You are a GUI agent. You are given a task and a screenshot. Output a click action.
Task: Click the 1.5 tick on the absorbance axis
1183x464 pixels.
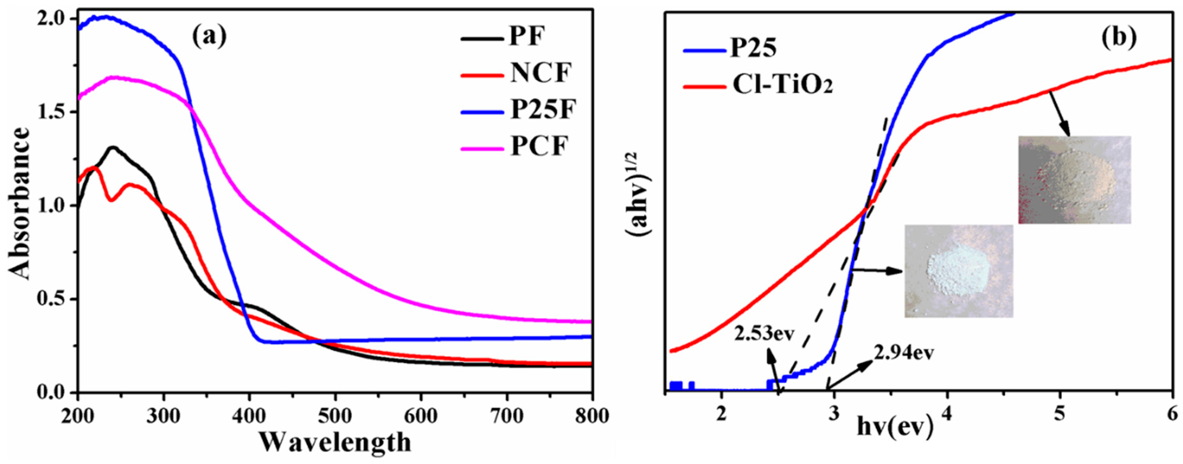(x=52, y=112)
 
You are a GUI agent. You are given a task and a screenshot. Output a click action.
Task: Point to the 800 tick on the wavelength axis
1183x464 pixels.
(x=592, y=416)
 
